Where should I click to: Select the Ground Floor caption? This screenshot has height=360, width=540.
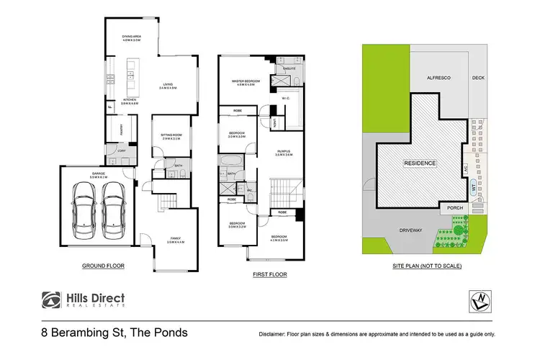pos(104,266)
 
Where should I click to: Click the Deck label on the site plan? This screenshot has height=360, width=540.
pos(478,78)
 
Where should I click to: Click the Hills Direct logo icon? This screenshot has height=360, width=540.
pos(51,299)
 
